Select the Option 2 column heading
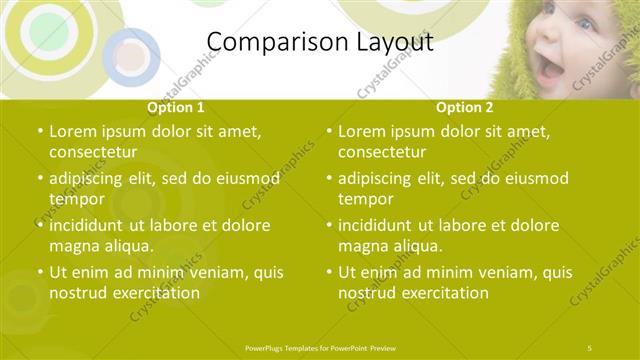point(465,107)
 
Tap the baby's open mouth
point(551,69)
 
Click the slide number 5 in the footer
point(591,346)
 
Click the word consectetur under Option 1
point(93,152)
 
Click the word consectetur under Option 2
point(382,152)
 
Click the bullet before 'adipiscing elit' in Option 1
point(39,179)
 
